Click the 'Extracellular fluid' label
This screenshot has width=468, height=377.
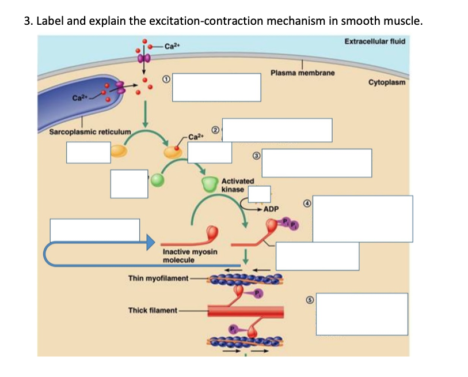click(x=375, y=41)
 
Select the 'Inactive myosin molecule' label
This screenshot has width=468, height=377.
click(x=190, y=256)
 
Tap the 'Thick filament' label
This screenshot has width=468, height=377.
click(x=153, y=310)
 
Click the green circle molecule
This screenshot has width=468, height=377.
click(x=157, y=180)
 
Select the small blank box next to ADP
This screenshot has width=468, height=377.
click(x=259, y=194)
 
